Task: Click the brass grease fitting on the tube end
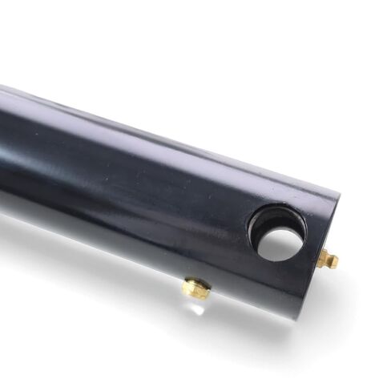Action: coord(326,259)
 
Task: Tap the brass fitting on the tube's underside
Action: coord(195,288)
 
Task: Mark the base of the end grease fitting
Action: coord(320,255)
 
